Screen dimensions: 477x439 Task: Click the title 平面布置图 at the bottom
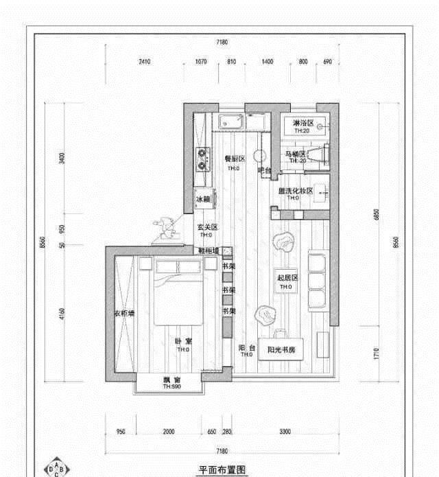click(x=221, y=470)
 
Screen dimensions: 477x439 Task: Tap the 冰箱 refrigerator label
click(x=202, y=199)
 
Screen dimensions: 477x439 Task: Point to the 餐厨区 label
click(x=235, y=159)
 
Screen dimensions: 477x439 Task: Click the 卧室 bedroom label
click(x=182, y=341)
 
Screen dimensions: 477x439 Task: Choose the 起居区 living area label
click(x=287, y=277)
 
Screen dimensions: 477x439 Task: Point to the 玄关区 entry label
click(x=207, y=227)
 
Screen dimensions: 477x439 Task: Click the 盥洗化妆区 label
click(x=295, y=191)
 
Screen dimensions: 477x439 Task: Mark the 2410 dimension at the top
click(x=144, y=62)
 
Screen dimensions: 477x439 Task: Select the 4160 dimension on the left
click(x=62, y=315)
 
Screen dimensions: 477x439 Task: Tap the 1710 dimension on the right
click(x=375, y=353)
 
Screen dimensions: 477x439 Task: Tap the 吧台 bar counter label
click(x=264, y=170)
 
